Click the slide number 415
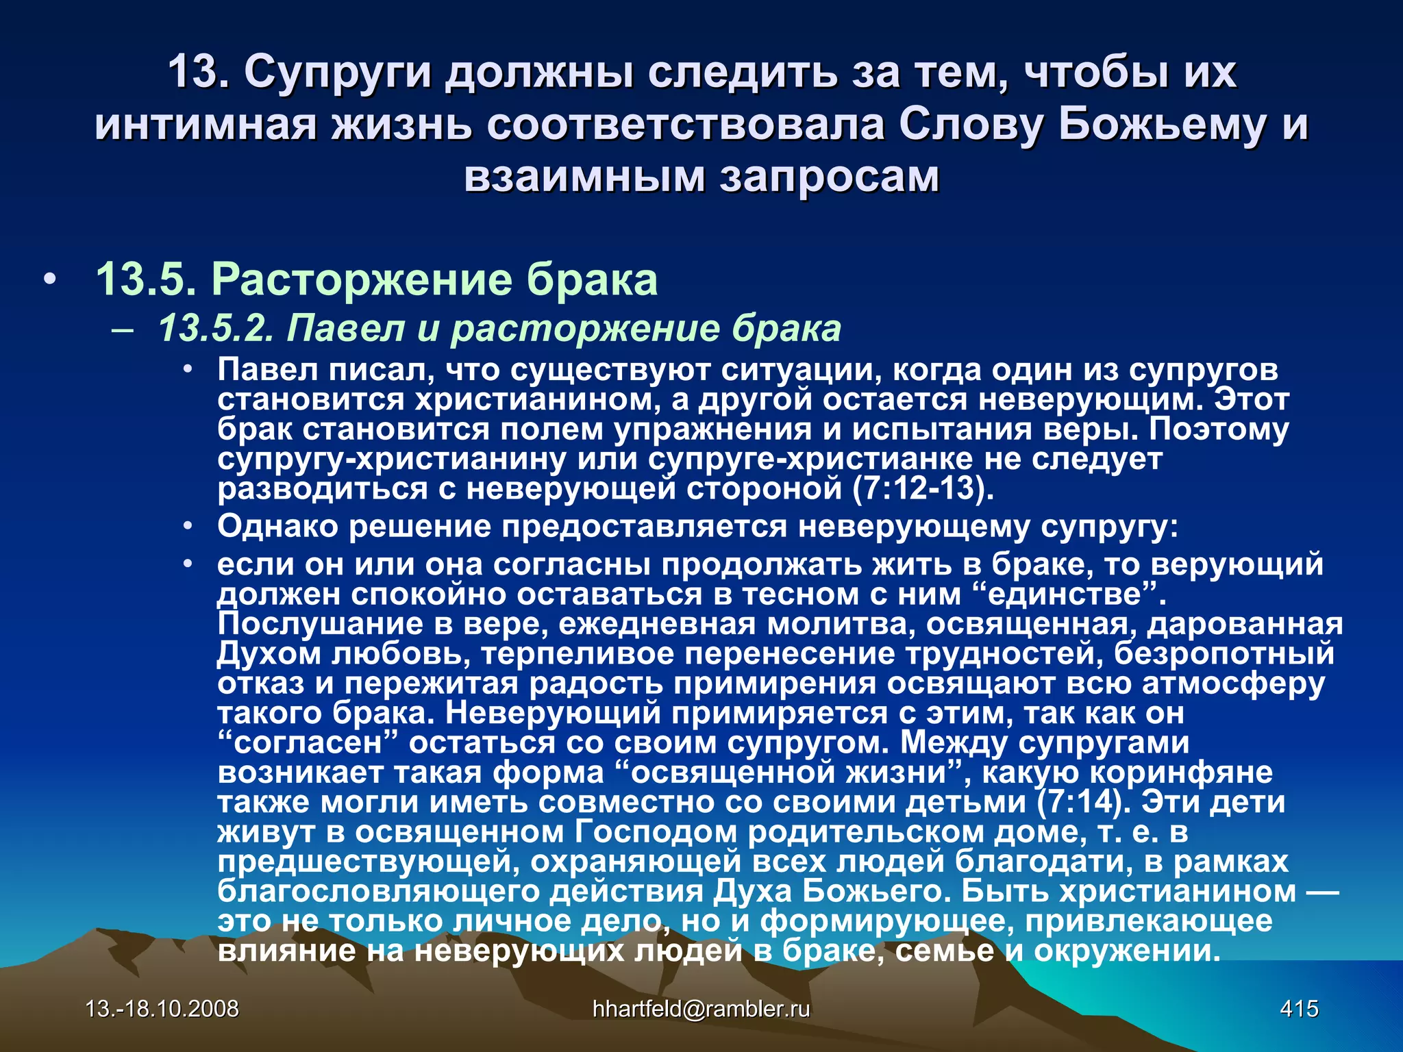tap(1299, 1008)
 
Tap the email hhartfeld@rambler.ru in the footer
tap(701, 1008)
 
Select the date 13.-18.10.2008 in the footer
tap(162, 1008)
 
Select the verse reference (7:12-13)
tap(923, 488)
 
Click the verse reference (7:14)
tap(1084, 802)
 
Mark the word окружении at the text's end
tap(1126, 951)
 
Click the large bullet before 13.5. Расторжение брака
tap(48, 281)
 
